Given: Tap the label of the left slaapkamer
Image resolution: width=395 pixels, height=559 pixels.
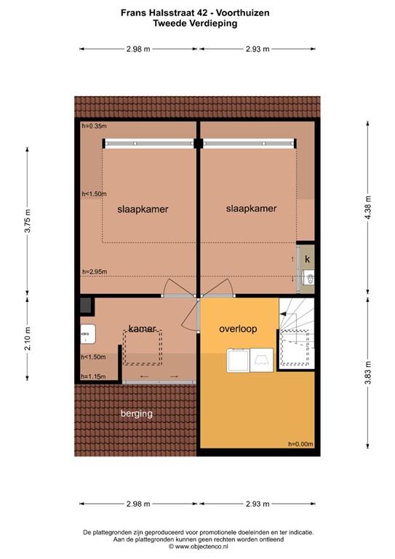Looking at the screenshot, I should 143,209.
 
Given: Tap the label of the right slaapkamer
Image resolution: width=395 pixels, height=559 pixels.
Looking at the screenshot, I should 252,208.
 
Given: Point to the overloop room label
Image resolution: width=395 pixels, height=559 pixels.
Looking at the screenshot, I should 238,329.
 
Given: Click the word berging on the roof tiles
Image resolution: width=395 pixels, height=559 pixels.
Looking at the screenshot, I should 137,413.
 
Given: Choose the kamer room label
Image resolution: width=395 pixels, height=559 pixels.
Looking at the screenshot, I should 144,328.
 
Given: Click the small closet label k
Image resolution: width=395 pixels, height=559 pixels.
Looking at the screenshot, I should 308,259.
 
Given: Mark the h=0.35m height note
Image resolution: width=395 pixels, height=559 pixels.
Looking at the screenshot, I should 93,126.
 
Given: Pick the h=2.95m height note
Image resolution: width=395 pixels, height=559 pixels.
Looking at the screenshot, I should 94,271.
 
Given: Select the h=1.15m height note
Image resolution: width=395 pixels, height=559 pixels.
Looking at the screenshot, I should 93,376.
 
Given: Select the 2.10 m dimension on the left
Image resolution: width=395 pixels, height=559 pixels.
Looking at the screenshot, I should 27,339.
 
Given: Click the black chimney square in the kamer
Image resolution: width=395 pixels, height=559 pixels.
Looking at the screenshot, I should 85,304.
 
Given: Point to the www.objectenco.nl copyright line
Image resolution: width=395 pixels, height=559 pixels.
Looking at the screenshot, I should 198,545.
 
